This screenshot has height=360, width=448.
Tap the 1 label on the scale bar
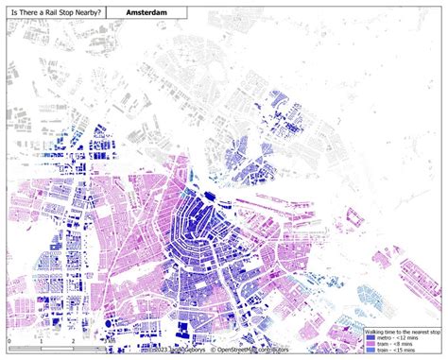pos(41,338)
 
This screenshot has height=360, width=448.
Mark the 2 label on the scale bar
pos(73,338)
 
